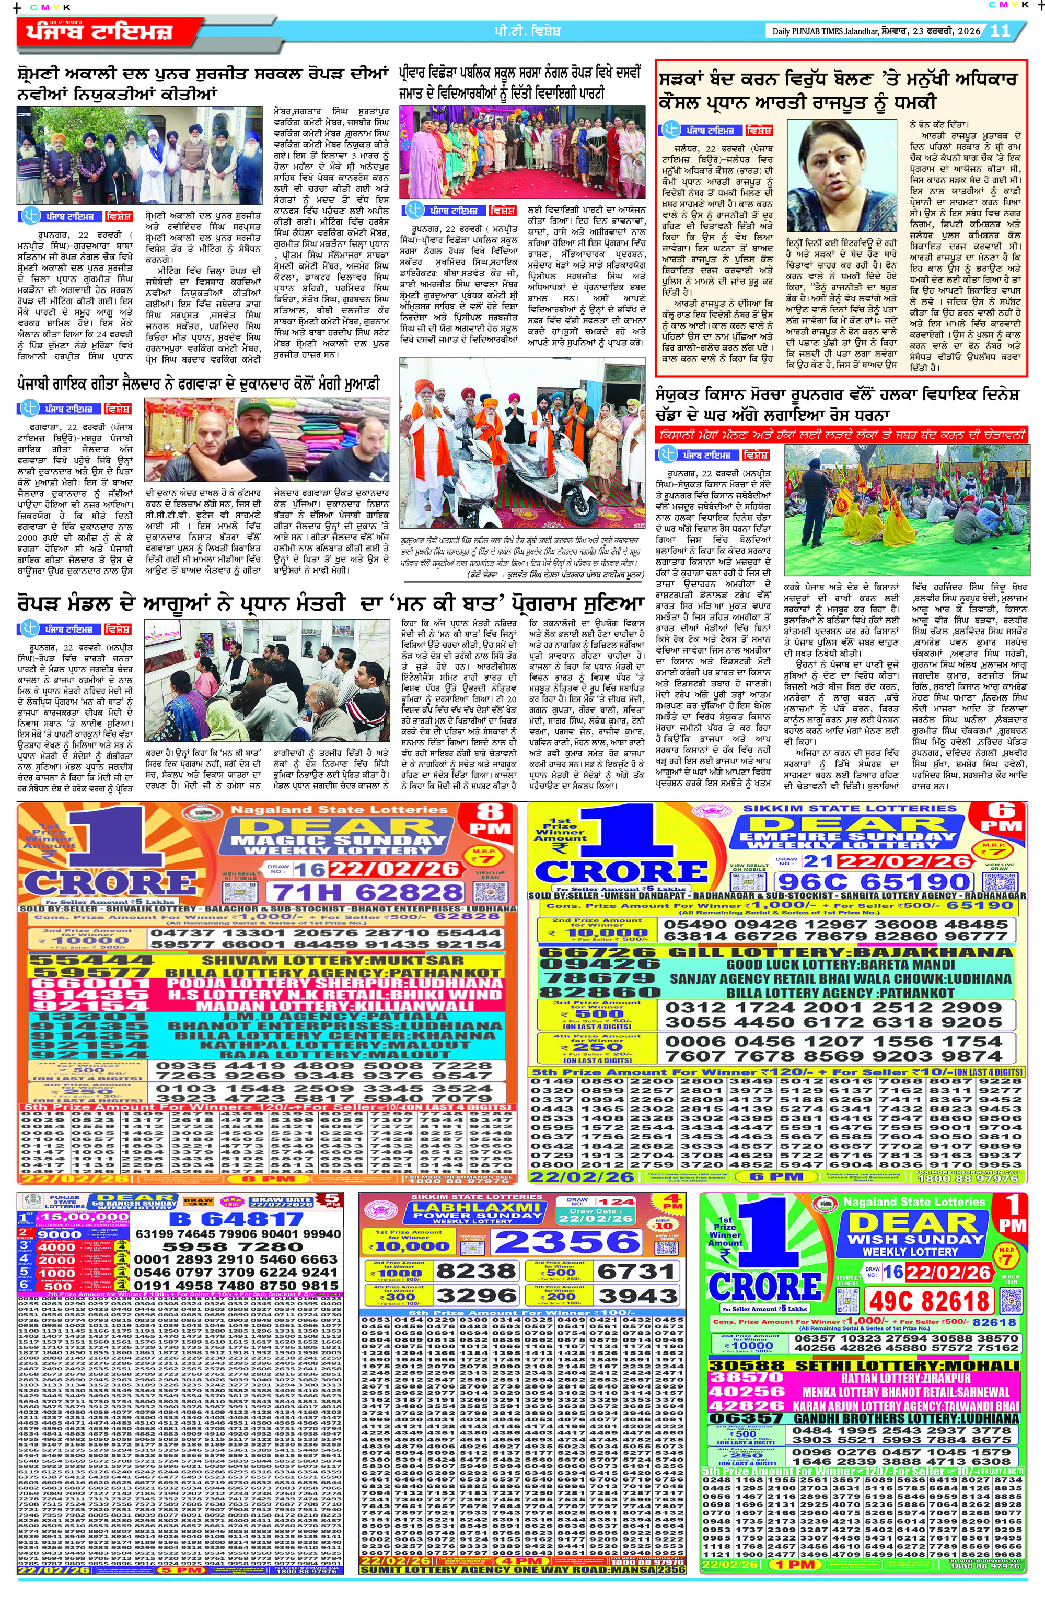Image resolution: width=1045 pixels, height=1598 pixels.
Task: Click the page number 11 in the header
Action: pos(1000,31)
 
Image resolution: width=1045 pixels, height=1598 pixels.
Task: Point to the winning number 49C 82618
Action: pos(929,1301)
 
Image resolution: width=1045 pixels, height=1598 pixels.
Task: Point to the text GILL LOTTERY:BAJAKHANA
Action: pos(840,952)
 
